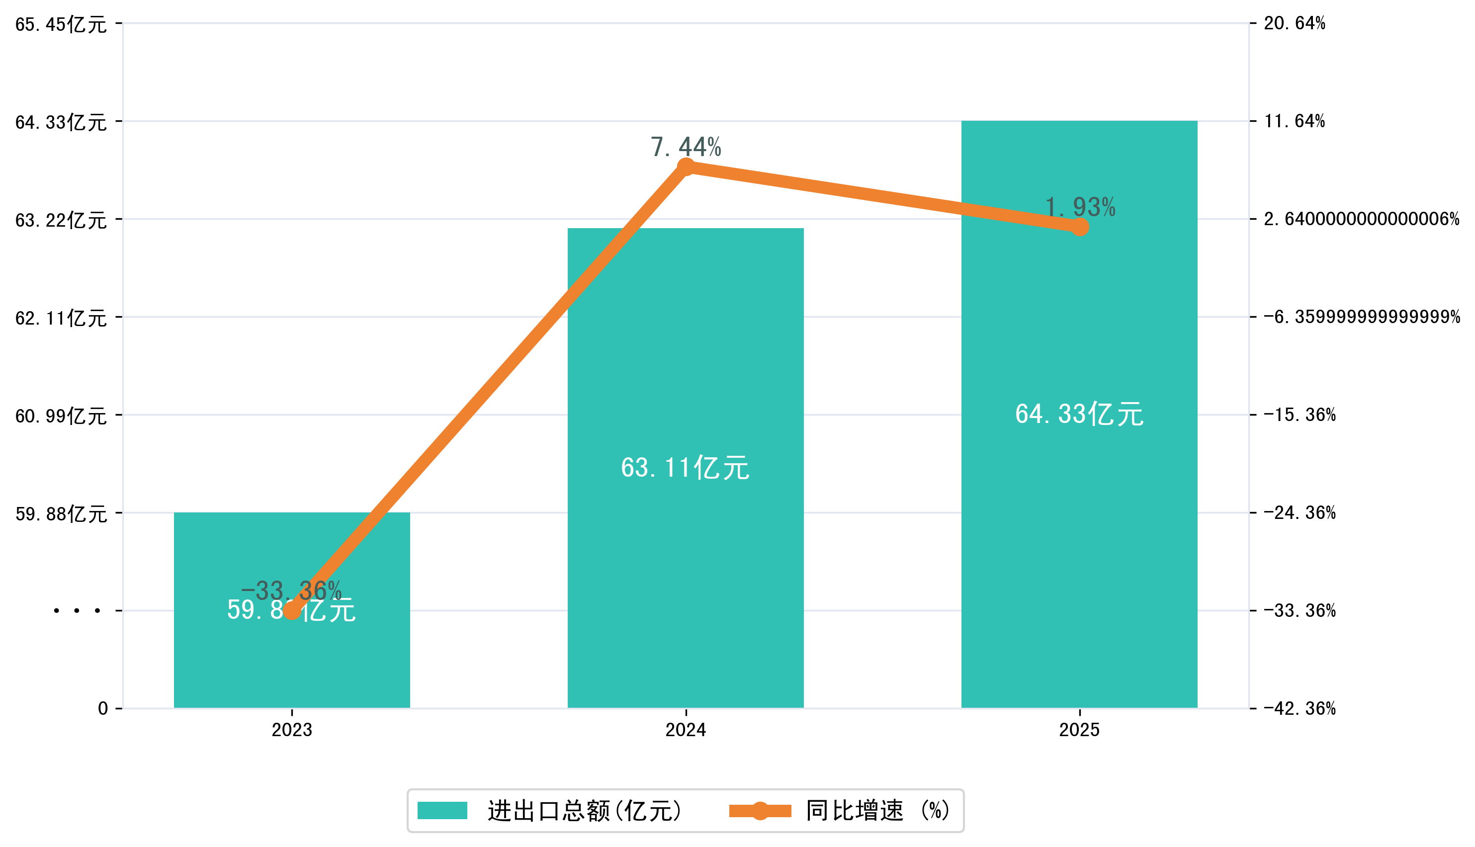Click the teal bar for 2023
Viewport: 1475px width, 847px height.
coord(292,657)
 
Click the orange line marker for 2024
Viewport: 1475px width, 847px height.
coord(687,167)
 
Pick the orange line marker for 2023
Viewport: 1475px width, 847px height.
coord(292,610)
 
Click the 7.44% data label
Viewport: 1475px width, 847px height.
coord(686,147)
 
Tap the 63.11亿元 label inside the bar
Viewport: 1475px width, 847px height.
coord(685,468)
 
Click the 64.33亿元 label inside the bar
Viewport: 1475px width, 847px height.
coord(1079,414)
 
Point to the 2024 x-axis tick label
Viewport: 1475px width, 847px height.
coord(686,730)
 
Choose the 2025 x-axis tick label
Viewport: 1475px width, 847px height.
coord(1079,730)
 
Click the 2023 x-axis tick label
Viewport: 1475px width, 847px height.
coord(292,730)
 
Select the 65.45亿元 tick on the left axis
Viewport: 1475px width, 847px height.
coord(61,24)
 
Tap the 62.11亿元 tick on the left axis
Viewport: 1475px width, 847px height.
coord(61,318)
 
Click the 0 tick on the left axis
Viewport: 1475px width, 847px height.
coord(103,708)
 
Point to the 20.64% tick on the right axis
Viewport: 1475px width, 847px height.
coord(1295,23)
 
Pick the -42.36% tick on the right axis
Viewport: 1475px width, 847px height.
coord(1300,708)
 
